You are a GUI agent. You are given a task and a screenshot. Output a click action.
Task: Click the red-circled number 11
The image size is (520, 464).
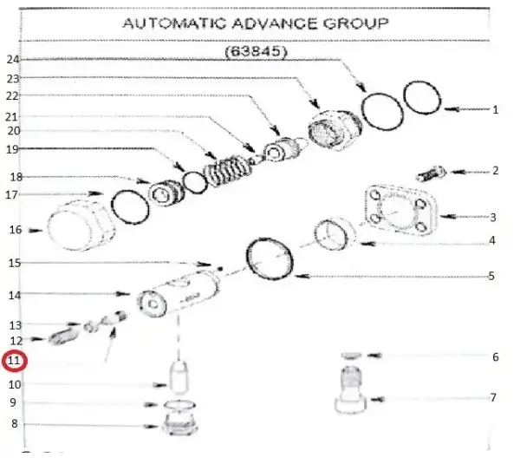coord(14,361)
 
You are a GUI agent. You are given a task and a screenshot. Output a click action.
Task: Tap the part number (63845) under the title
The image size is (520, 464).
coord(256,51)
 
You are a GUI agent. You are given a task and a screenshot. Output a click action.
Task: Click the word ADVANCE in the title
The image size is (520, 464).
coord(274,23)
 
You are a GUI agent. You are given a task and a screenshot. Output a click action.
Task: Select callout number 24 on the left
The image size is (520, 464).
coord(13,60)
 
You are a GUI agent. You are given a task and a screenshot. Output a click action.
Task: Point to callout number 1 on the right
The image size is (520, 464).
coord(495,109)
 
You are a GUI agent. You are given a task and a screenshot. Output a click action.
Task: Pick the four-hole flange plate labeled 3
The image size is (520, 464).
coord(400,210)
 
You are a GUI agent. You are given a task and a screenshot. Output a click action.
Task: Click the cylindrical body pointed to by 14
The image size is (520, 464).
coord(179,292)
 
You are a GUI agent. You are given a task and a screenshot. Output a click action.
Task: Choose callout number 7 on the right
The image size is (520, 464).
coord(493,397)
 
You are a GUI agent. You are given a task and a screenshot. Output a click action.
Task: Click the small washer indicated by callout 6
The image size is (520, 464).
coord(351,356)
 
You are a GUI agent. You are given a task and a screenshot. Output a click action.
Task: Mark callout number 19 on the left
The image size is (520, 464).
coord(13,149)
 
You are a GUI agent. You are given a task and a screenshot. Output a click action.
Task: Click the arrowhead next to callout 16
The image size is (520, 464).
coord(36,231)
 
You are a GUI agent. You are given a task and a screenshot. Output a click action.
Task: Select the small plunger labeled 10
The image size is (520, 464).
coord(179,378)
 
